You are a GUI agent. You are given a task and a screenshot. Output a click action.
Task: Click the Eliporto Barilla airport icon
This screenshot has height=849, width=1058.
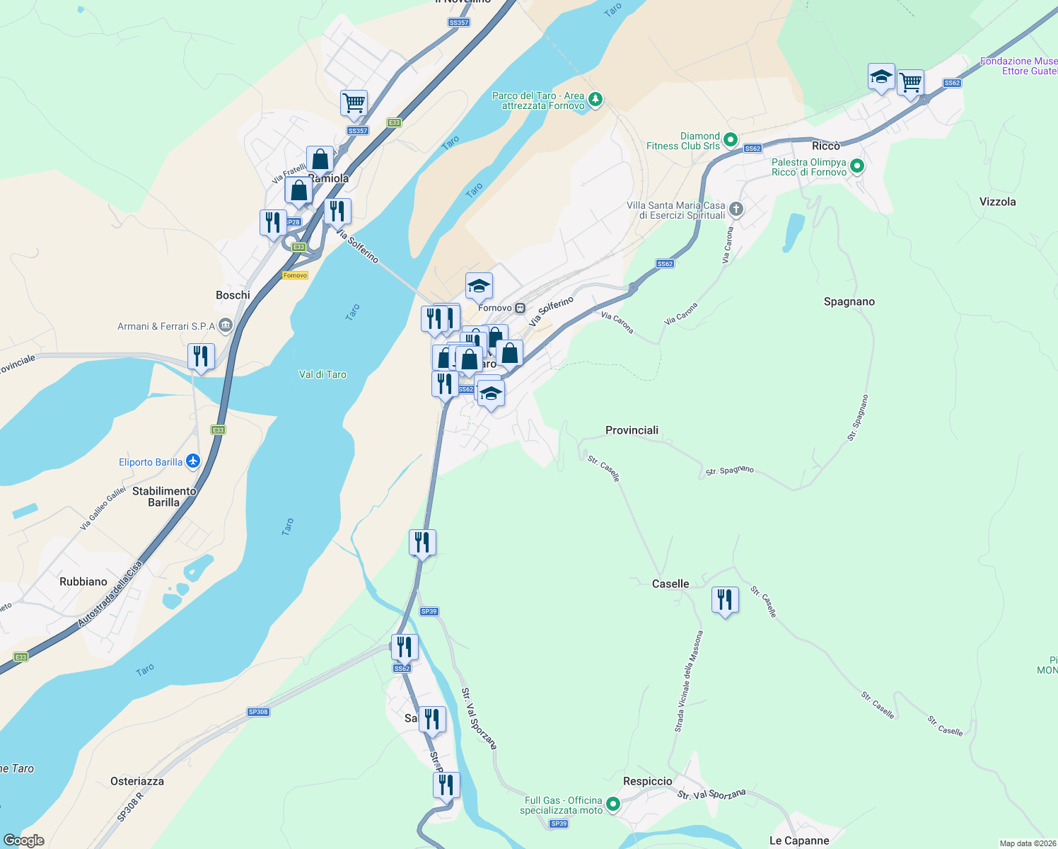coord(193,462)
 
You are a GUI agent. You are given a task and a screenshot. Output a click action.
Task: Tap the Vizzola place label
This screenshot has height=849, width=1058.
coord(997,202)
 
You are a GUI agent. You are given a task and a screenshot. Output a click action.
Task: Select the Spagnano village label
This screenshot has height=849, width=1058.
coord(849,301)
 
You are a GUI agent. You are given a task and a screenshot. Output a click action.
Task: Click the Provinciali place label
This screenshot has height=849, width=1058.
coord(632,430)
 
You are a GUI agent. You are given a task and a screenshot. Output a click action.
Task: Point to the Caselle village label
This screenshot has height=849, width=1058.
coord(670,584)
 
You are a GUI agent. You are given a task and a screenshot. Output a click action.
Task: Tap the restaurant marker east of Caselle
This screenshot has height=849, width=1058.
coord(725,600)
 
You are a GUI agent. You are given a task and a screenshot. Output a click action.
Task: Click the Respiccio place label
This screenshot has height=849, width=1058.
coord(647,781)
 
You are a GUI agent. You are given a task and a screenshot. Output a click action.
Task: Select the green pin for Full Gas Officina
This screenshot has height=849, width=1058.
coord(613,804)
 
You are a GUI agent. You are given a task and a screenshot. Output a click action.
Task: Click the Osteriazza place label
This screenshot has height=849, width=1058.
coord(137,781)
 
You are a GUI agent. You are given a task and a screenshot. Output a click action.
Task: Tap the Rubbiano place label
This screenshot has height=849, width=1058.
coord(83,582)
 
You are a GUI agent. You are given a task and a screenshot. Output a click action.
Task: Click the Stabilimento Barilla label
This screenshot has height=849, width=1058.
coord(164,497)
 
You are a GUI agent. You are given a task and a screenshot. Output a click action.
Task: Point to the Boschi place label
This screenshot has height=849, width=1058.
coord(233,295)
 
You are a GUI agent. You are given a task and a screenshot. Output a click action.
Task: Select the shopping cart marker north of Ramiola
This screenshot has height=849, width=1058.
coord(354,103)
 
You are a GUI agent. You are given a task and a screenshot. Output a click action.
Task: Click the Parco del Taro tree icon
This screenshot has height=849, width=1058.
coord(595,99)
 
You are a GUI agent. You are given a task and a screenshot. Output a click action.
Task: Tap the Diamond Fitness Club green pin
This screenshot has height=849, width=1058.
coord(731,140)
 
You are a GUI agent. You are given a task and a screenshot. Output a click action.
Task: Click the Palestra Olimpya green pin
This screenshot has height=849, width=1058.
coord(857,167)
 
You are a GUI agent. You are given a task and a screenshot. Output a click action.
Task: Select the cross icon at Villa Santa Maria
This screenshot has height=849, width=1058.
coord(736,209)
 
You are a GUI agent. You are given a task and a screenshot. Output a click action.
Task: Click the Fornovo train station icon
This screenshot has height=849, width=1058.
coord(521,308)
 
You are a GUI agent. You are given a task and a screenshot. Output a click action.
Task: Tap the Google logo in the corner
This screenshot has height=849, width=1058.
coord(23,840)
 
